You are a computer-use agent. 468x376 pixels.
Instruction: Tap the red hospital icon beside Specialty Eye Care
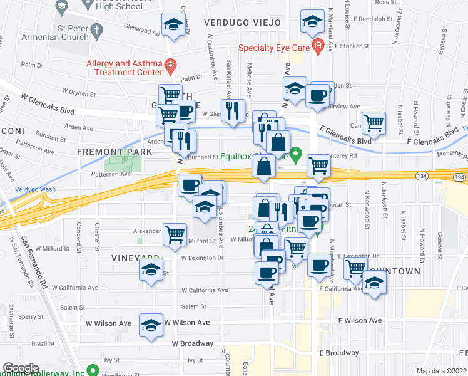318,45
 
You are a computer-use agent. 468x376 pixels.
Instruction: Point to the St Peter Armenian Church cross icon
96,29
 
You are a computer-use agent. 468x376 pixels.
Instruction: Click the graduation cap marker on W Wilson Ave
151,325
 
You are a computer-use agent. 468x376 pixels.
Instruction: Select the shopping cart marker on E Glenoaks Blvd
374,122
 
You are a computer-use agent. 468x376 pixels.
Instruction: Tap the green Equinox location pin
297,152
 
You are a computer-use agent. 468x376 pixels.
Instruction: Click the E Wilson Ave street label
360,320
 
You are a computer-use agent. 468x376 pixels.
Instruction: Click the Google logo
21,368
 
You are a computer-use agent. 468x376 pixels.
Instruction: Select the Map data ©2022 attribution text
441,371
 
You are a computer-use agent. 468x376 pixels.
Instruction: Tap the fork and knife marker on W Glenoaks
233,111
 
